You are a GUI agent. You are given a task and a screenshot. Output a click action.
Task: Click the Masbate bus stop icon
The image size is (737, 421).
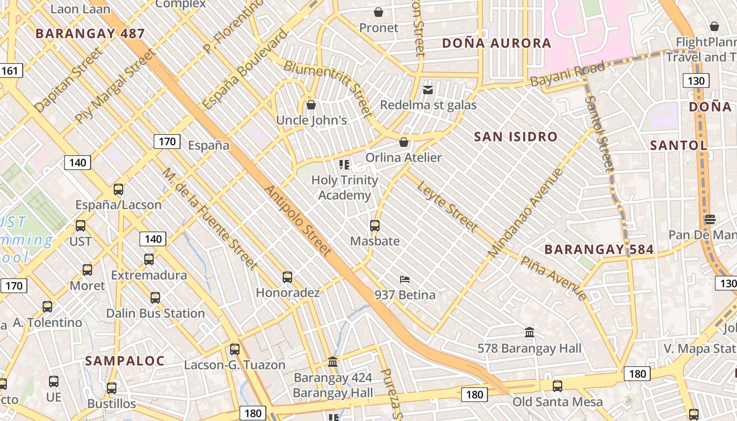point(375,226)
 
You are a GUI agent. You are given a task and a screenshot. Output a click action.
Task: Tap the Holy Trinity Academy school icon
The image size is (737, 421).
point(345,165)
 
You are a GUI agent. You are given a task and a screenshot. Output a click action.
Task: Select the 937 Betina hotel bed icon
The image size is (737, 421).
point(405,279)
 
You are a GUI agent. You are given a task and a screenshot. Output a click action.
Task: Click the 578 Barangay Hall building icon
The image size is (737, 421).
point(530,333)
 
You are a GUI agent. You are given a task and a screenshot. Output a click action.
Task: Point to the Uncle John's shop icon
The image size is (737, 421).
point(311,105)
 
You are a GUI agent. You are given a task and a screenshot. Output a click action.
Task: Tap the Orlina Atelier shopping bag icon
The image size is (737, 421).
point(404,142)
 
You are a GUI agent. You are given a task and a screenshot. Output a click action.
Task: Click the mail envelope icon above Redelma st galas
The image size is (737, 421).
point(428,90)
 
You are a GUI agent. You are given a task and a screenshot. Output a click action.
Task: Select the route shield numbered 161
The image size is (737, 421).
point(10,71)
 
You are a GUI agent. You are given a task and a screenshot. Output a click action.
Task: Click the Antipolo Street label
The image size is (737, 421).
point(298,220)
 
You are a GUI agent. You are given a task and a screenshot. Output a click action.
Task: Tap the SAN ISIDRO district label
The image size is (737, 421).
point(515,137)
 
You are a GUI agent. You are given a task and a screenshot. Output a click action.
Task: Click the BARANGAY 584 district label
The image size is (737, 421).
point(599,249)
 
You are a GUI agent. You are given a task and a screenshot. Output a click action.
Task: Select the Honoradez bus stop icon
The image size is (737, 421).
point(287,277)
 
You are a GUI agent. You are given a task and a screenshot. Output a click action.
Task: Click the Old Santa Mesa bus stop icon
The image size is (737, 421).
point(557,386)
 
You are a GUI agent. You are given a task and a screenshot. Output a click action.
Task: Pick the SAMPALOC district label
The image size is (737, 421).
point(125,361)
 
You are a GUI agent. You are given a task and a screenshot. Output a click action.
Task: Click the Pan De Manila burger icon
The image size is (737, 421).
point(710,219)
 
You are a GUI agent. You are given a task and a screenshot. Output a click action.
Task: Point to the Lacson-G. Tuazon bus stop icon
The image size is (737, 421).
point(235,349)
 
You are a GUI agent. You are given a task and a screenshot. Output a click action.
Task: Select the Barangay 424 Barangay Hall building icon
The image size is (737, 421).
point(333,362)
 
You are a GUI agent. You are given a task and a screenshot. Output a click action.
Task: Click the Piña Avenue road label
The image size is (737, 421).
point(553,278)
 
